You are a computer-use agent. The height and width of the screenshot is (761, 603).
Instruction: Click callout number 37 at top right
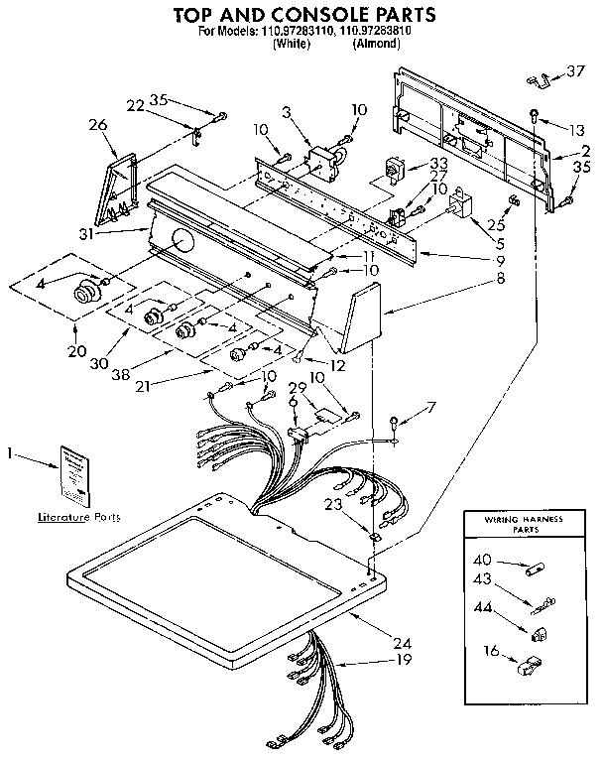[575, 70]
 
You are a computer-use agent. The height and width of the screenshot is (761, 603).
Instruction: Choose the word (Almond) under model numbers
[375, 43]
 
